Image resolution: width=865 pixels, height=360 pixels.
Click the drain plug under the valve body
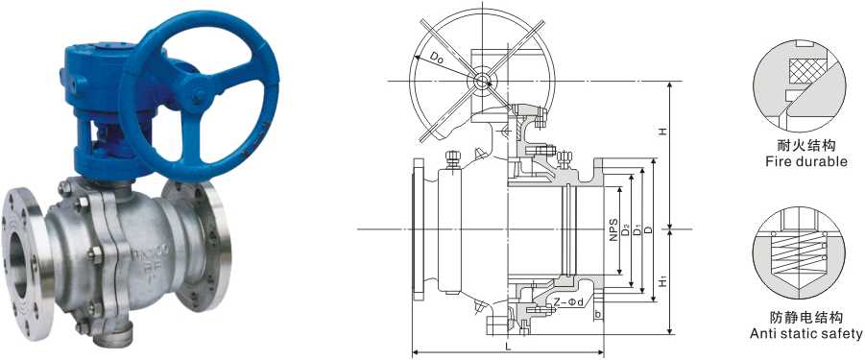pos(117,334)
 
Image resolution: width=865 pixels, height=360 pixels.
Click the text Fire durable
pos(806,162)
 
